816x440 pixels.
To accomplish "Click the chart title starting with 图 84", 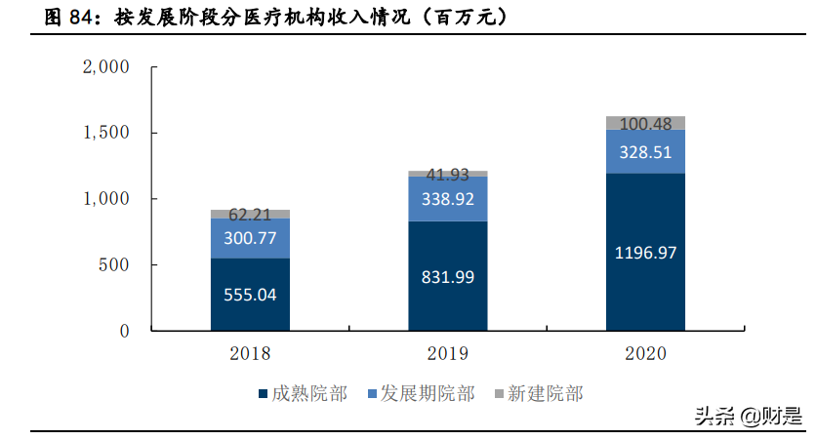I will point(262,18).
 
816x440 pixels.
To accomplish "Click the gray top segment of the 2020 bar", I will point(645,123).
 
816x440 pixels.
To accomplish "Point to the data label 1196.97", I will point(645,253).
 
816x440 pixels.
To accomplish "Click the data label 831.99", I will point(448,277).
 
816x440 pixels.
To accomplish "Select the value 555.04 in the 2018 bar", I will point(250,295).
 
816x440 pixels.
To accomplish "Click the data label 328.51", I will point(645,152).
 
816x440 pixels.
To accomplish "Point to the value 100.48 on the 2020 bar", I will point(645,124).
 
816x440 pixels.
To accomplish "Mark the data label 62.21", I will point(250,213).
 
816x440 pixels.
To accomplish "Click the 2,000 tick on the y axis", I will point(106,67).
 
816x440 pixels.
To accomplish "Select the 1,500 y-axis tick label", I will point(106,133).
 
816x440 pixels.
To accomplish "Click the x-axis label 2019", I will point(448,353).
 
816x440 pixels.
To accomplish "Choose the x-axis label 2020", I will point(645,353).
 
